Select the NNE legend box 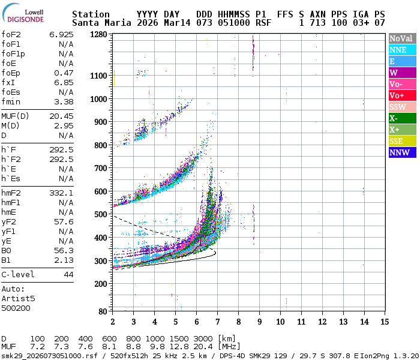[x=400, y=50]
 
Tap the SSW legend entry [x=400, y=107]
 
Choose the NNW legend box [x=400, y=152]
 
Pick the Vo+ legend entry [x=400, y=95]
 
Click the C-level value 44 [x=68, y=274]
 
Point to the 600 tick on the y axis [x=100, y=191]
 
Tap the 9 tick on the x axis [x=259, y=322]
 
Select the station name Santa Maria [x=98, y=23]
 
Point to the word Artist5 [x=18, y=298]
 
